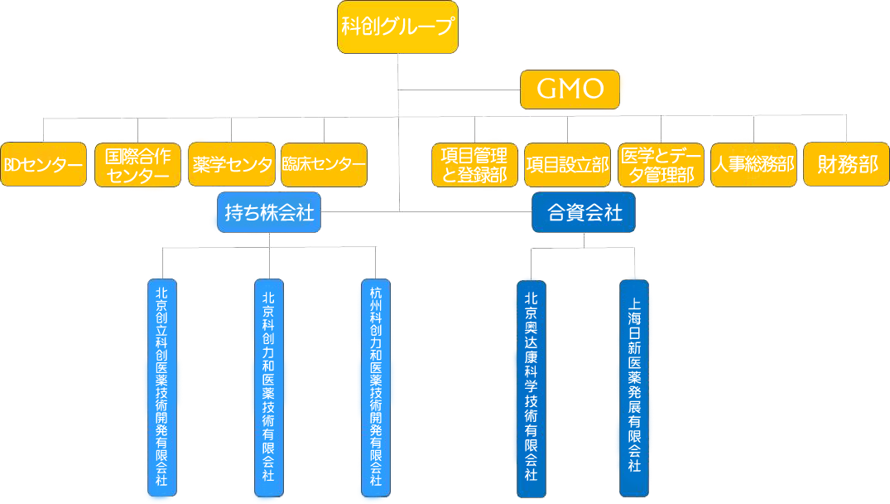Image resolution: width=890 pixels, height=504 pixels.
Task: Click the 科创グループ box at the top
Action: tap(398, 27)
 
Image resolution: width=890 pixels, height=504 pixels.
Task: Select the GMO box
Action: tap(570, 89)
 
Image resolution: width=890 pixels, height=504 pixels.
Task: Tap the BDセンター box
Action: tap(43, 165)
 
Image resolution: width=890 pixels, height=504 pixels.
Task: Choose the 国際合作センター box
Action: tap(137, 165)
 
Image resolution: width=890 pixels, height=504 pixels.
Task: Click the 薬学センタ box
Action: tap(231, 165)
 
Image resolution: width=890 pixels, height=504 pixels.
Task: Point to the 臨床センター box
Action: tap(324, 165)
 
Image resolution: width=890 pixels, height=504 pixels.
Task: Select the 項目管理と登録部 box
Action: tap(474, 165)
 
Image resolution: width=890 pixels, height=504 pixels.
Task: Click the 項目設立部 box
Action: tap(567, 165)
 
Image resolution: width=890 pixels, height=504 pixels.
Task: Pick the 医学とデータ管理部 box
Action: tap(661, 165)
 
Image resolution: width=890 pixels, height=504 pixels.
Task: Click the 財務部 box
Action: tap(847, 165)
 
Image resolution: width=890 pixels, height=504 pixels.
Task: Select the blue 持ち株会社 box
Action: tap(270, 213)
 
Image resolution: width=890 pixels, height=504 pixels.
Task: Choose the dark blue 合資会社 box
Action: tap(585, 213)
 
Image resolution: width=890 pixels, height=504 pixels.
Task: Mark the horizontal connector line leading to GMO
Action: tap(459, 89)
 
